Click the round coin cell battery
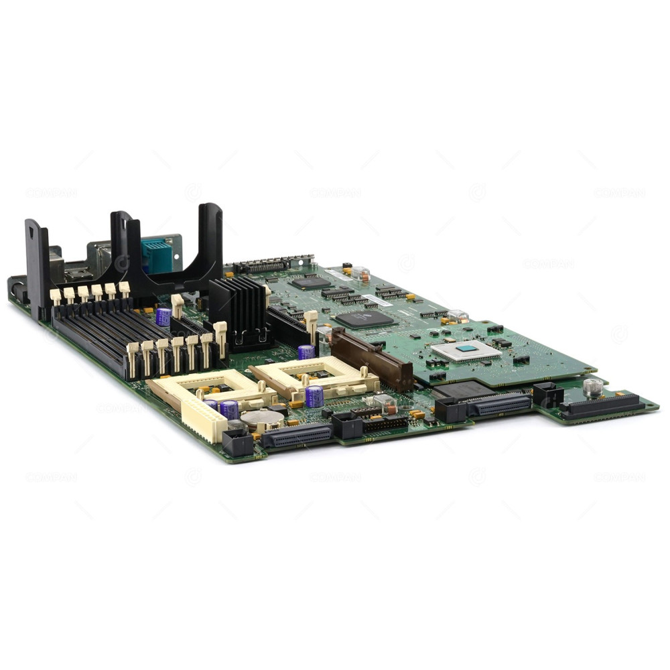pyautogui.click(x=263, y=419)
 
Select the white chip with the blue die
pyautogui.click(x=466, y=350)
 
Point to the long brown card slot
pyautogui.click(x=372, y=360)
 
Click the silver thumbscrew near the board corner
pyautogui.click(x=592, y=387)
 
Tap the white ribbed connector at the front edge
pyautogui.click(x=204, y=419)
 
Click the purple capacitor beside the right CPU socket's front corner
pyautogui.click(x=314, y=397)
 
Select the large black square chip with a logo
pyautogui.click(x=364, y=318)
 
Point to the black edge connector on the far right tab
pyautogui.click(x=601, y=406)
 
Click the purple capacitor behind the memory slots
pyautogui.click(x=163, y=316)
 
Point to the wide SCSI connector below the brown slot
pyautogui.click(x=499, y=404)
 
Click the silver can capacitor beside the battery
pyautogui.click(x=237, y=425)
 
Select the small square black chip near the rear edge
pyautogui.click(x=310, y=283)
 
